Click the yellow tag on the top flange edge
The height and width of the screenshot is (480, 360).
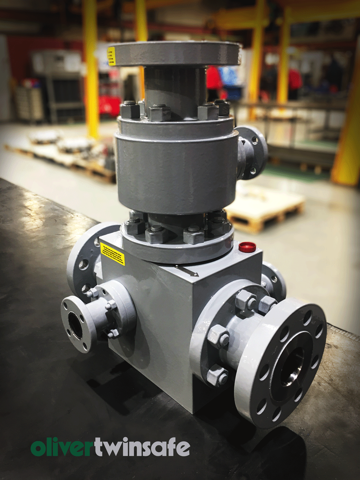coord(112,56)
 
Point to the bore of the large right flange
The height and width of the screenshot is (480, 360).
coord(290,370)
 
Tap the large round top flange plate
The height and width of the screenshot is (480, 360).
coord(175,53)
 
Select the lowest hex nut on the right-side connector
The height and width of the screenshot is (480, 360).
coord(218,374)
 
